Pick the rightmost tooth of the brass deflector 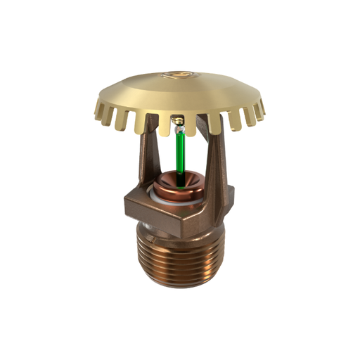(264, 109)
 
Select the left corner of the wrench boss (125, 204)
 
